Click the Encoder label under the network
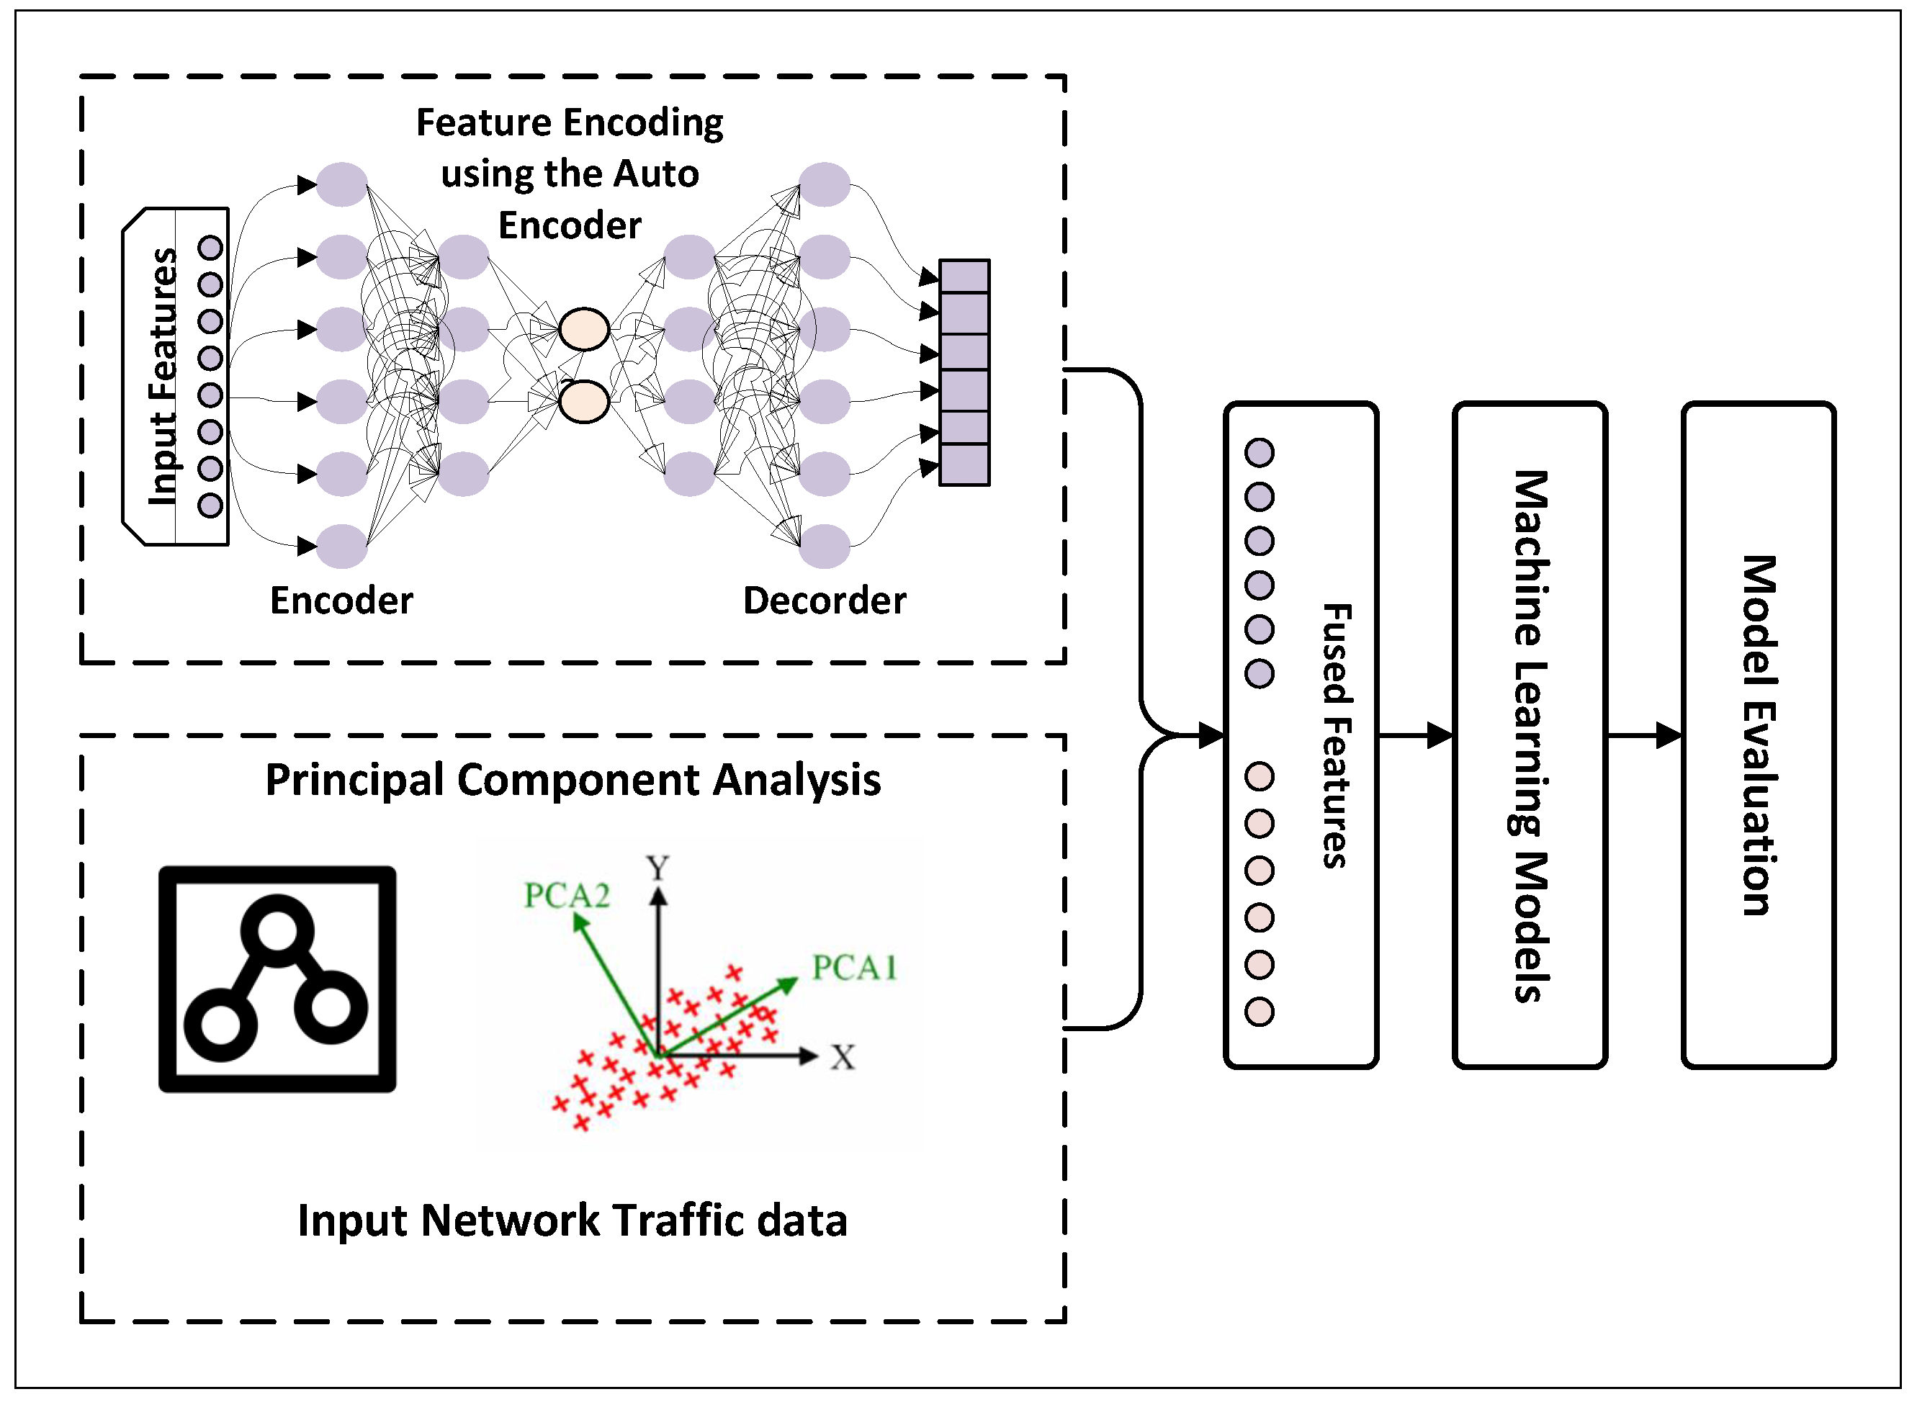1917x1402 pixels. pyautogui.click(x=341, y=601)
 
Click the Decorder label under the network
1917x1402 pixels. pyautogui.click(x=824, y=601)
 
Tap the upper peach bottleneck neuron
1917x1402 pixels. pyautogui.click(x=584, y=329)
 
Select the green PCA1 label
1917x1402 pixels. pyautogui.click(x=853, y=969)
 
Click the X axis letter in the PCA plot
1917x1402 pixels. pyautogui.click(x=843, y=1057)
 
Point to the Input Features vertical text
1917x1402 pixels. pyautogui.click(x=163, y=376)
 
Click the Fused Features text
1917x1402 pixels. pyautogui.click(x=1336, y=736)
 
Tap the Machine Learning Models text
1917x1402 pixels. pyautogui.click(x=1531, y=736)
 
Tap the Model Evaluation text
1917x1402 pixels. pyautogui.click(x=1759, y=736)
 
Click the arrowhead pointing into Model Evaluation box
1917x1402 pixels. pyautogui.click(x=1669, y=735)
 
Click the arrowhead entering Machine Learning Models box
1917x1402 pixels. pyautogui.click(x=1440, y=735)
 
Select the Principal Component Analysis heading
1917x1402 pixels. pyautogui.click(x=573, y=780)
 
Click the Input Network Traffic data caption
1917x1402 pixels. pyautogui.click(x=573, y=1221)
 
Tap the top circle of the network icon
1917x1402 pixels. pyautogui.click(x=277, y=931)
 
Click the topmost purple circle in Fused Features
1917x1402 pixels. pyautogui.click(x=1260, y=452)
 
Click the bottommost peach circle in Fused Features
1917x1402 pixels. pyautogui.click(x=1260, y=1012)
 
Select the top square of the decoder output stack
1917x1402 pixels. pyautogui.click(x=964, y=277)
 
